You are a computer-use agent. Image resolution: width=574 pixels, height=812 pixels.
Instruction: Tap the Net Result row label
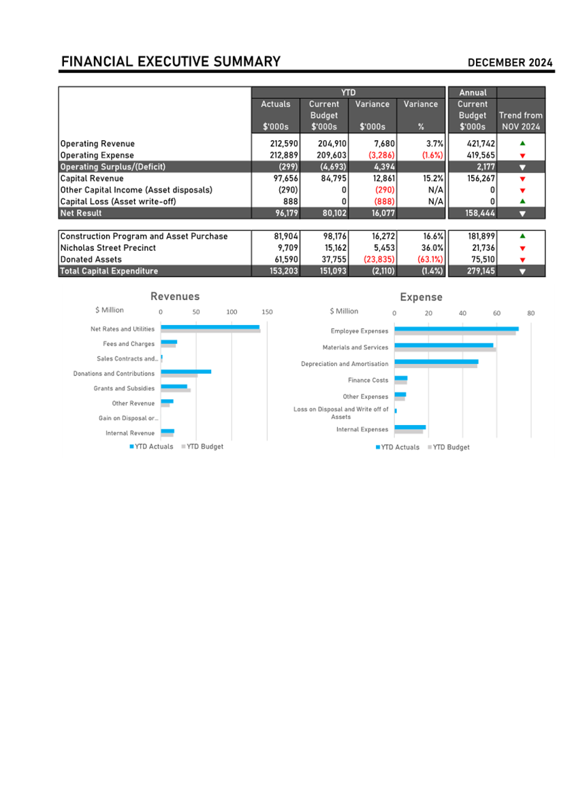[x=81, y=213]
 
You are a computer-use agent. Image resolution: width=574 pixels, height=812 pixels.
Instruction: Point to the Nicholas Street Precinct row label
[x=108, y=248]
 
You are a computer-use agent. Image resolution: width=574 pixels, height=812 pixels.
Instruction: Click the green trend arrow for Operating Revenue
[x=522, y=143]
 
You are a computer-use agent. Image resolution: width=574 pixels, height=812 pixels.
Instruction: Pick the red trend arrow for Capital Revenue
[x=522, y=179]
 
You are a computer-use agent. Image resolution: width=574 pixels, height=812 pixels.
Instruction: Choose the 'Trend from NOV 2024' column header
[x=521, y=121]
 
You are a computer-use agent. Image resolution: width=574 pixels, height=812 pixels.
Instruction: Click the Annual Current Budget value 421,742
[x=477, y=143]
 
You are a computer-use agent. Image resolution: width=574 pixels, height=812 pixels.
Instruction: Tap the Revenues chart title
[x=175, y=296]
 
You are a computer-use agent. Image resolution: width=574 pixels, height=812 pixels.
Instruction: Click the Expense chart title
[x=421, y=297]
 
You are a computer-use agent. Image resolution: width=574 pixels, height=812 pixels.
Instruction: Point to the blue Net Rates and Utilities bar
[x=210, y=327]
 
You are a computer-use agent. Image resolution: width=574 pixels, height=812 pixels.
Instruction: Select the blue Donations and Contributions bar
[x=186, y=371]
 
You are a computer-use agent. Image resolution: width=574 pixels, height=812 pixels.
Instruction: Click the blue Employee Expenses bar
[x=456, y=329]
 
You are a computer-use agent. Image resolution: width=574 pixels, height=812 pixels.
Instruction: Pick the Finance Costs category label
[x=368, y=380]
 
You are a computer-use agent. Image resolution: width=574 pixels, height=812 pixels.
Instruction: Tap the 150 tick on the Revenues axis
[x=267, y=312]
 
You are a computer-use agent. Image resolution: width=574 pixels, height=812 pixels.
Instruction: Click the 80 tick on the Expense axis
[x=531, y=313]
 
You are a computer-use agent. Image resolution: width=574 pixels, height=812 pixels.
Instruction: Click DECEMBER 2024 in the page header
[x=510, y=63]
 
